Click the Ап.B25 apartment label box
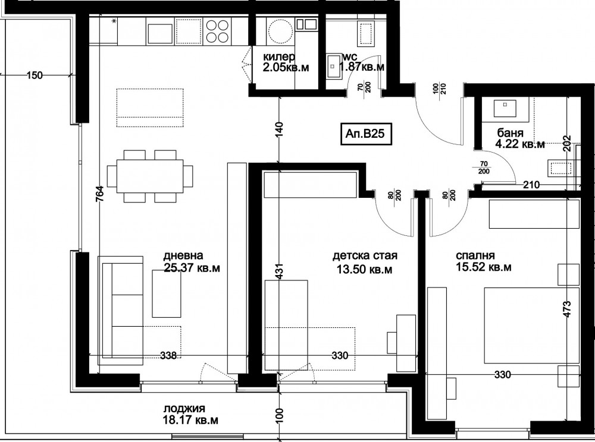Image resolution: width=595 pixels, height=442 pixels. (x=366, y=134)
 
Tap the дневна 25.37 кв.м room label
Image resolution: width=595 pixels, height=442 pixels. (x=192, y=262)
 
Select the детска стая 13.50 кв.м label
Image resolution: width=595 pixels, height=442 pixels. (x=365, y=263)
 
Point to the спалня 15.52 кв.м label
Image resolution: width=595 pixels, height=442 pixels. (x=483, y=261)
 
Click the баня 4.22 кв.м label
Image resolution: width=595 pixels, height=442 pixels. (x=520, y=138)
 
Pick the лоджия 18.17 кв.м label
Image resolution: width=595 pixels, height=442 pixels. (x=191, y=414)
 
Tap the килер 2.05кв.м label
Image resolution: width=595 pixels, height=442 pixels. (x=286, y=62)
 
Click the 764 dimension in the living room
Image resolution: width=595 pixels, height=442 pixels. (x=99, y=195)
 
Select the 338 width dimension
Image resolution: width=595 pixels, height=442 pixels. (x=168, y=355)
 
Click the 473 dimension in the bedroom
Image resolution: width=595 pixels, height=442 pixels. (x=566, y=310)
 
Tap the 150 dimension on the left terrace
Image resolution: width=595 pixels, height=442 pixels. (x=35, y=75)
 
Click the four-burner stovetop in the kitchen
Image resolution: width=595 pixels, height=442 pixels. (x=217, y=31)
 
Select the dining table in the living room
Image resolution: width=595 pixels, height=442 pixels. (x=150, y=176)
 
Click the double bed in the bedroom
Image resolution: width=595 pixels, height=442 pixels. (x=531, y=325)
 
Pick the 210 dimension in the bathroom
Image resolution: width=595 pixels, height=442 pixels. (x=531, y=185)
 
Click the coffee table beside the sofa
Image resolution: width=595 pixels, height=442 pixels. (x=166, y=293)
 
